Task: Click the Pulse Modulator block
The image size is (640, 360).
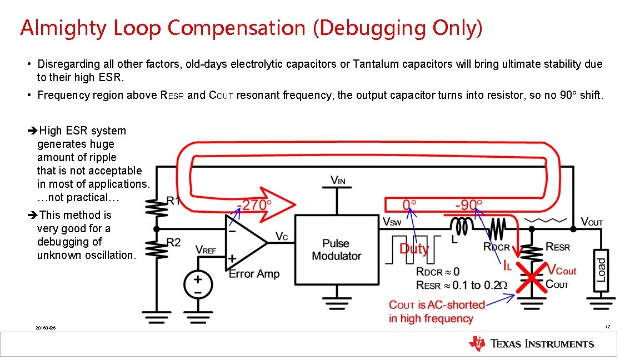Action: coord(336,249)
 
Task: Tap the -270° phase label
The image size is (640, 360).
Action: coord(254,205)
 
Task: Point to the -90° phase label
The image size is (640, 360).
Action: coord(469,205)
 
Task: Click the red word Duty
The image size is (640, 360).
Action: coord(414,248)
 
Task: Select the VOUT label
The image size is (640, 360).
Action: coord(592,222)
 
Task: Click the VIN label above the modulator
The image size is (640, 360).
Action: coord(337,180)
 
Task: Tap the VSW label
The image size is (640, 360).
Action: coord(392,222)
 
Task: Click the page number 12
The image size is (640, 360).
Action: coord(608,327)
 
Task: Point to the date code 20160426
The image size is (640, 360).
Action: coord(45,328)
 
